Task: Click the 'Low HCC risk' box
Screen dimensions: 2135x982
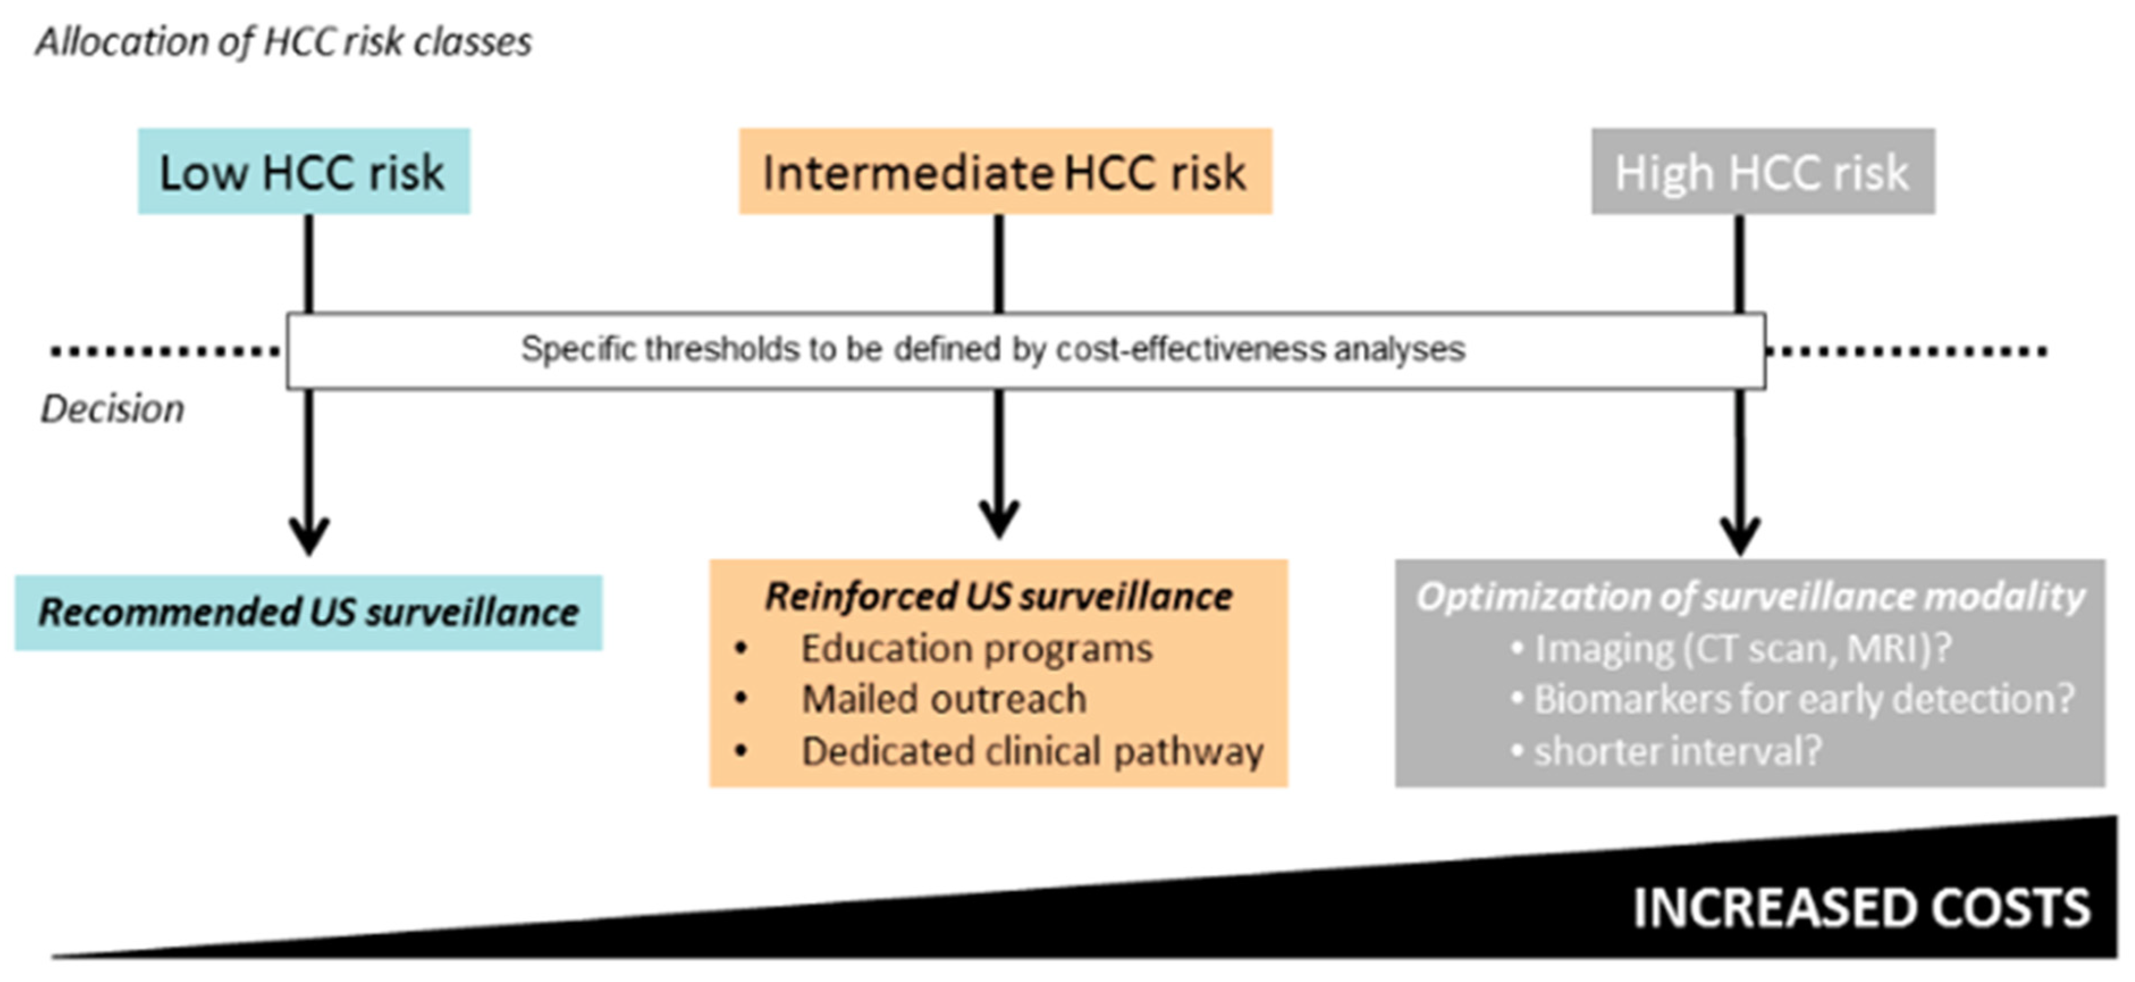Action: click(x=303, y=171)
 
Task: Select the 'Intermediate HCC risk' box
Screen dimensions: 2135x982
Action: click(x=1005, y=171)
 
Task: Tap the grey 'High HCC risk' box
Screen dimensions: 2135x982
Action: click(x=1763, y=171)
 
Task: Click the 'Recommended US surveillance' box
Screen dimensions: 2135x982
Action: click(x=309, y=613)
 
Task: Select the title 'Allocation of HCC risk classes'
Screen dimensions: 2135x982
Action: click(x=284, y=42)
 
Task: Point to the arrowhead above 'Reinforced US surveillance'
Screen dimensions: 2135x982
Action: click(x=999, y=520)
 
